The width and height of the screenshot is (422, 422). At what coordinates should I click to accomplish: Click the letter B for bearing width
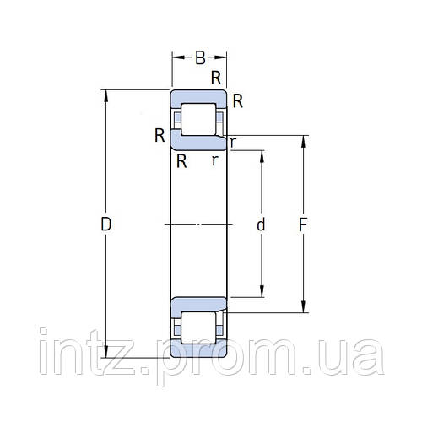click(x=200, y=58)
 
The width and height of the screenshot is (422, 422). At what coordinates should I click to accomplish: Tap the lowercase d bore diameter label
click(x=261, y=225)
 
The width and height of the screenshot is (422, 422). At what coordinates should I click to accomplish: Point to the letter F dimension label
click(x=305, y=225)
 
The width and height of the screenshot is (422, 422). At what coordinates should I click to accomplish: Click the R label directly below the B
click(x=216, y=78)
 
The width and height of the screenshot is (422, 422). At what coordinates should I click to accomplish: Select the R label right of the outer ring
click(x=238, y=102)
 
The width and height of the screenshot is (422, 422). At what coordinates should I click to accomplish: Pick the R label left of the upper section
click(x=159, y=134)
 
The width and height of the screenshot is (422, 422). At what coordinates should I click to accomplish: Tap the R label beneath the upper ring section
click(x=181, y=160)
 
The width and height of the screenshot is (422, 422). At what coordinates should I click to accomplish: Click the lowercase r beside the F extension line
click(x=232, y=142)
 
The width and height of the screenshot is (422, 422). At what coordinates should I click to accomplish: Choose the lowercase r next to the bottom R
click(x=215, y=160)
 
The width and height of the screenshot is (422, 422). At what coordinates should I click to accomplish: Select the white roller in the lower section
click(x=199, y=327)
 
